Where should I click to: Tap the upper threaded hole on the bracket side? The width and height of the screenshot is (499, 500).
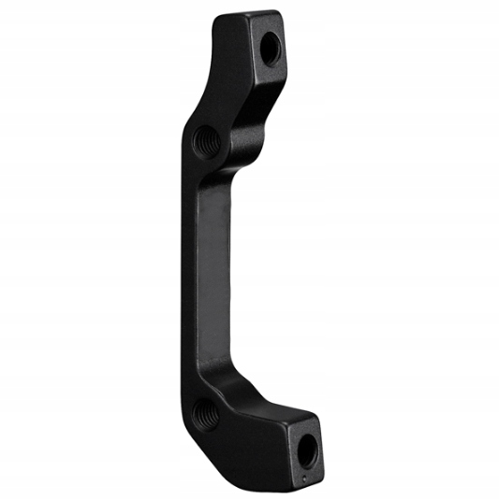tap(206, 142)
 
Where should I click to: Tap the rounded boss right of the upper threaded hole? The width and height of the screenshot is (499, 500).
tap(245, 140)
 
